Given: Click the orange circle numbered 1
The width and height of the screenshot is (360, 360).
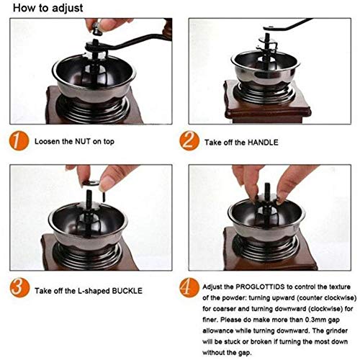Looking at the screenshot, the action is [x=19, y=141].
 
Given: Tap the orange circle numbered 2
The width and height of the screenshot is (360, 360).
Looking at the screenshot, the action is [x=189, y=141].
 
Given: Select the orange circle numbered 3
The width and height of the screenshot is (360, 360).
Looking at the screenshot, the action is [x=19, y=288].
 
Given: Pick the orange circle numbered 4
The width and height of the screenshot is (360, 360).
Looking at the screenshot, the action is [x=189, y=288].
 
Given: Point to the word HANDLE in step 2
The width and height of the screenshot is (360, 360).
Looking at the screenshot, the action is [x=263, y=143].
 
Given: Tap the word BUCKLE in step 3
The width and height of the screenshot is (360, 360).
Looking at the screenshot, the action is [x=127, y=291].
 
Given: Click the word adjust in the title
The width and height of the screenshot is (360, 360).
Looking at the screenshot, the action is [x=68, y=9].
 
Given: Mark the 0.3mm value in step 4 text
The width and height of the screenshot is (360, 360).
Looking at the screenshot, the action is [x=315, y=320].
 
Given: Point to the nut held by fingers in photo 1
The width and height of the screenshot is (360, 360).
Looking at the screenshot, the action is [x=96, y=30].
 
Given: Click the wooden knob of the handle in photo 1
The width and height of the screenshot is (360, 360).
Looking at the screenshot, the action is [x=168, y=28].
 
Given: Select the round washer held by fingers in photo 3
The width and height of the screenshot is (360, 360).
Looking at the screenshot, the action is [x=91, y=183].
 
